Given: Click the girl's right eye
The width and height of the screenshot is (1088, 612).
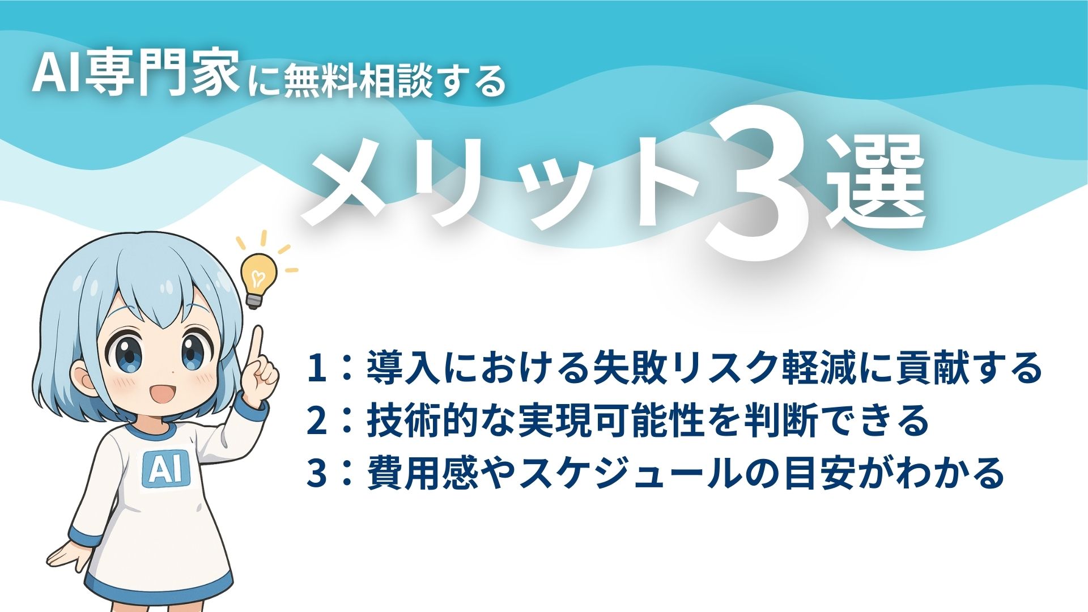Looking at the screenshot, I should click(x=194, y=348).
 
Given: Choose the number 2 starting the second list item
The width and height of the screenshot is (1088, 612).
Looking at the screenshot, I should click(x=316, y=420).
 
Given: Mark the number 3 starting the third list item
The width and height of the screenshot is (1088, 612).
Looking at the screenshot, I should click(x=316, y=473).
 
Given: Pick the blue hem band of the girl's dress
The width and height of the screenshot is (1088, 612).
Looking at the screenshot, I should click(x=159, y=589).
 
